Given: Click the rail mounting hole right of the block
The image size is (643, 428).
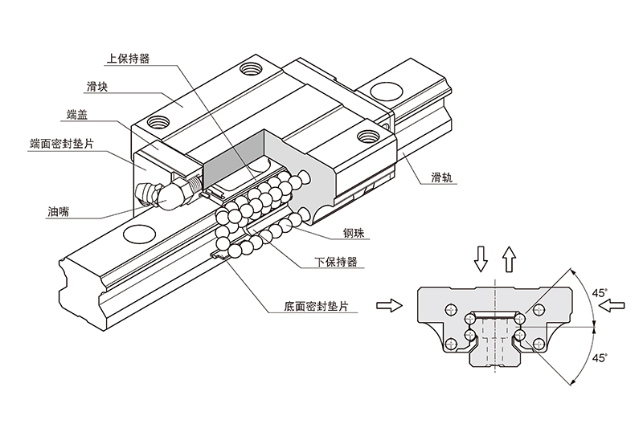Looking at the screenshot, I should pos(390,90).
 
